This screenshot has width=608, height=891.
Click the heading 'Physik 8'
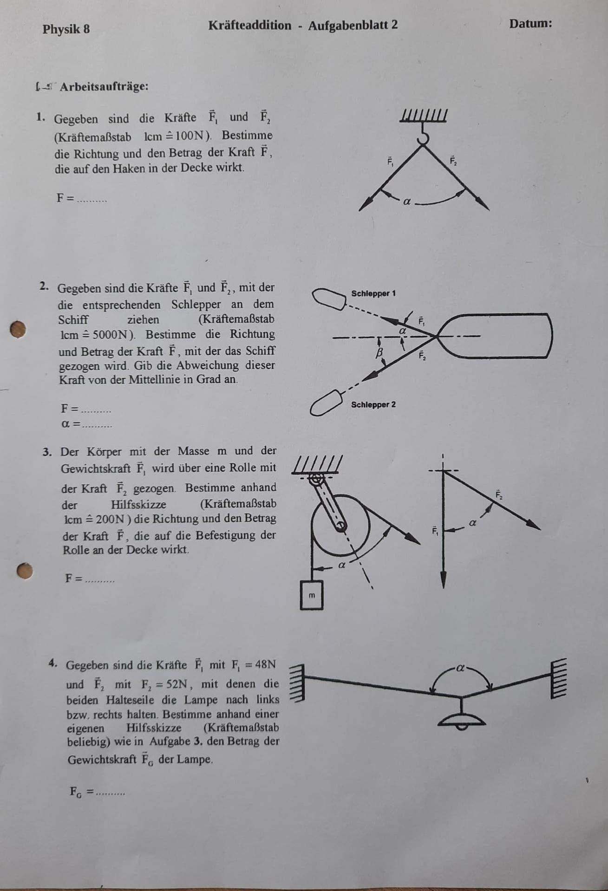pyautogui.click(x=66, y=29)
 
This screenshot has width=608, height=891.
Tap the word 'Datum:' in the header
pyautogui.click(x=530, y=24)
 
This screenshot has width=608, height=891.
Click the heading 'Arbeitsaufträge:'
pyautogui.click(x=104, y=87)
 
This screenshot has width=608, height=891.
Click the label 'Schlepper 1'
pyautogui.click(x=373, y=293)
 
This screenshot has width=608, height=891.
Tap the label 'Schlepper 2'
pyautogui.click(x=373, y=404)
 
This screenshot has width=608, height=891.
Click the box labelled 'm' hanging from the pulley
pyautogui.click(x=311, y=595)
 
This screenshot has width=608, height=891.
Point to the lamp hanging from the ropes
pyautogui.click(x=462, y=719)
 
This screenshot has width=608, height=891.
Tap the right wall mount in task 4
pyautogui.click(x=558, y=678)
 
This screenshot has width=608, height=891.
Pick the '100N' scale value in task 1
pyautogui.click(x=191, y=136)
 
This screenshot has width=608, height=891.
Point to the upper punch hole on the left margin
pyautogui.click(x=18, y=329)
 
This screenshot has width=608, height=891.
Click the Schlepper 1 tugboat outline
pyautogui.click(x=329, y=298)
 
